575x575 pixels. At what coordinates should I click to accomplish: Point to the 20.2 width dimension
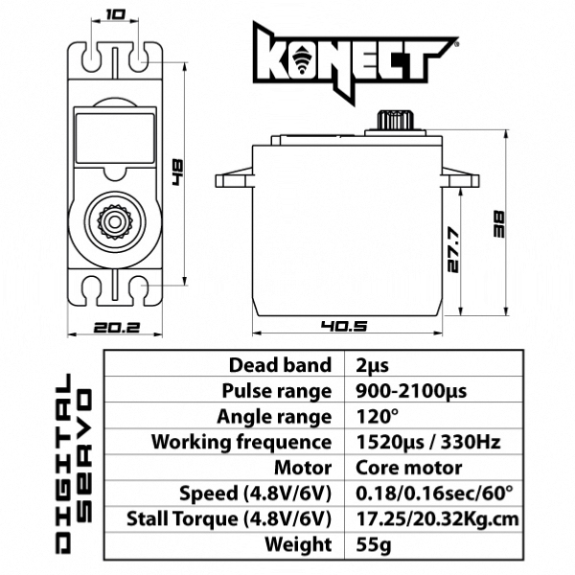coord(116,327)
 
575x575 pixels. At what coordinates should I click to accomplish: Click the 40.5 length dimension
coord(345,327)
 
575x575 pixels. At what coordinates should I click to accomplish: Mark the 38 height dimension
coord(498,224)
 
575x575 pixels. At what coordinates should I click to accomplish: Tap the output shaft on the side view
coord(392,121)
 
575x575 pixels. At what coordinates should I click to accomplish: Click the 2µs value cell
coord(373,365)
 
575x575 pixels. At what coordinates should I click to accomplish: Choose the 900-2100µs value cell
coord(410,391)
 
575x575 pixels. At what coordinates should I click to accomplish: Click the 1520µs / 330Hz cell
coord(426,443)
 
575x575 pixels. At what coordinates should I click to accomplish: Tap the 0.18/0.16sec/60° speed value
coord(433,494)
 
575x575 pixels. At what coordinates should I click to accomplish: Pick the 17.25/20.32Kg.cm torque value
coord(437,519)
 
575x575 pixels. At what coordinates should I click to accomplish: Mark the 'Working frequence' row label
coord(241,443)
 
